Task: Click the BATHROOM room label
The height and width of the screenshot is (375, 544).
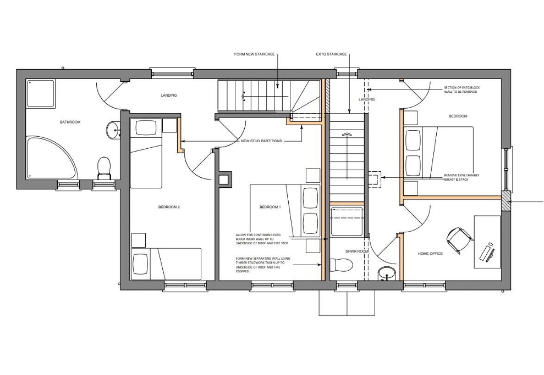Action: tap(70, 122)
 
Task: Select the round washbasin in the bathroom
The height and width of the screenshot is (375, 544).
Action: tap(113, 130)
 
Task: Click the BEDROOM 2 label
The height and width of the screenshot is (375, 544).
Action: tap(169, 207)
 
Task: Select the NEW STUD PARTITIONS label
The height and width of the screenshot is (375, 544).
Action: tap(261, 141)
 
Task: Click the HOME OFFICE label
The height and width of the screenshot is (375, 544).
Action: tap(430, 254)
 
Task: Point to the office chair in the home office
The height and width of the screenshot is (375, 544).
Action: tap(459, 239)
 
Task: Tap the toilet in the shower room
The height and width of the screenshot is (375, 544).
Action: tap(342, 265)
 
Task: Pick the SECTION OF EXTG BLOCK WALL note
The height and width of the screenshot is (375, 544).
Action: tap(462, 89)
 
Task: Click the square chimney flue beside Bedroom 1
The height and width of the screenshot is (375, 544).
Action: tap(223, 180)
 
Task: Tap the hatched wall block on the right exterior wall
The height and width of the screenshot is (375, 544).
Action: tap(506, 201)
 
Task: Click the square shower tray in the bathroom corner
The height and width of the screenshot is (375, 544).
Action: tap(41, 93)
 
